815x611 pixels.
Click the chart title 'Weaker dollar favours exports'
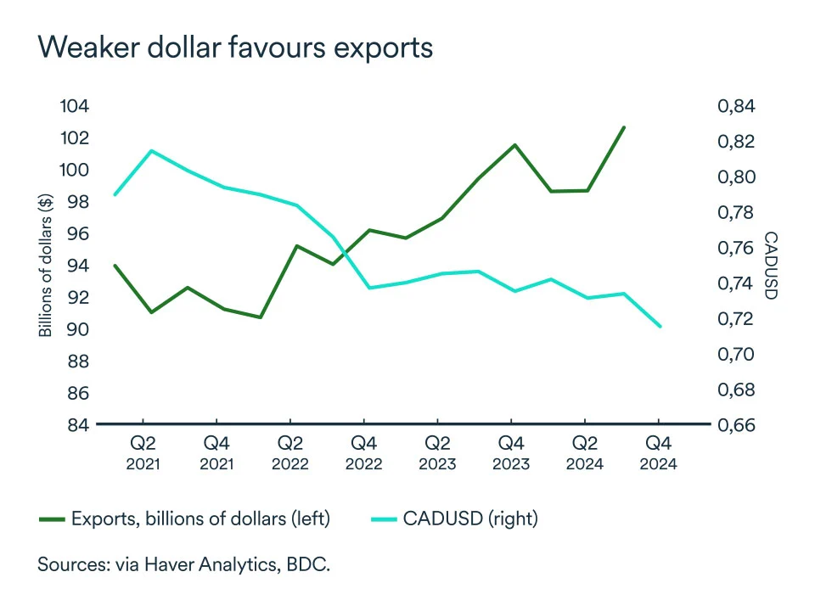235,48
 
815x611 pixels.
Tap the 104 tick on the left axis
75,106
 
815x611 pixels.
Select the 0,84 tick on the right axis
736,106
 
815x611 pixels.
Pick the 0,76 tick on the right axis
736,249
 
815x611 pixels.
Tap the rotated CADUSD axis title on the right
770,266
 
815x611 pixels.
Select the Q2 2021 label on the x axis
143,452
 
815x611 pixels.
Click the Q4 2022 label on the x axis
363,452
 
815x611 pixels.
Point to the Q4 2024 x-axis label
658,452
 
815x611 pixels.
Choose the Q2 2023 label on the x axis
437,452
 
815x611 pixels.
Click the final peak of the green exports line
624,127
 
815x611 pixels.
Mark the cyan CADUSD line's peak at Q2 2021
151,151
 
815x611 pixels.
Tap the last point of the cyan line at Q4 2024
660,326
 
